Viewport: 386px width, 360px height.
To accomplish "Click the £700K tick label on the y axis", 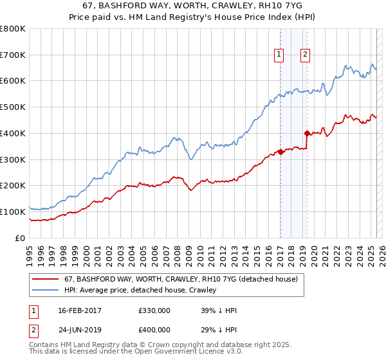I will click(x=13, y=55).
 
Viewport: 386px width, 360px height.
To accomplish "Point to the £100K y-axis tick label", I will click(x=13, y=212).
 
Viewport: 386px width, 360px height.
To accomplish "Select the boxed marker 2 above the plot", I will click(x=304, y=55).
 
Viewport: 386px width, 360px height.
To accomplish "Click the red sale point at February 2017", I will click(x=280, y=152).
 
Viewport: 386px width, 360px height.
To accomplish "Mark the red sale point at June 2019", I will click(x=307, y=133).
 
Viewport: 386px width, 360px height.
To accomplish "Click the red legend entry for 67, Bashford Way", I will click(x=180, y=280).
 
